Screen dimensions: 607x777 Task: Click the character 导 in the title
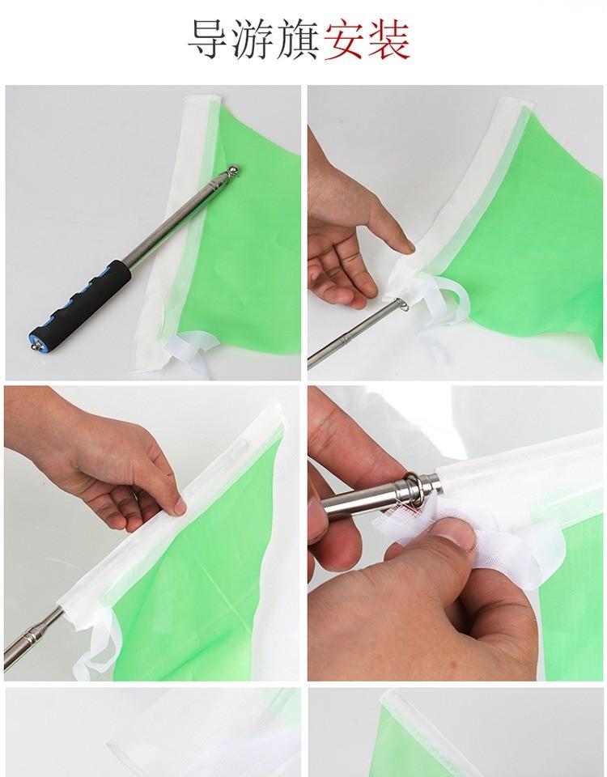(206, 40)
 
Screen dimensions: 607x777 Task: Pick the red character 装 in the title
(388, 40)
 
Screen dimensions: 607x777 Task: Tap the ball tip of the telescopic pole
(232, 171)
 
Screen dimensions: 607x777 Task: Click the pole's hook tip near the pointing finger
(402, 304)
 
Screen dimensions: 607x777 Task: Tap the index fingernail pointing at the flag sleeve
(407, 245)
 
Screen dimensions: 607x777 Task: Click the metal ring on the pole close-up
(414, 489)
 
